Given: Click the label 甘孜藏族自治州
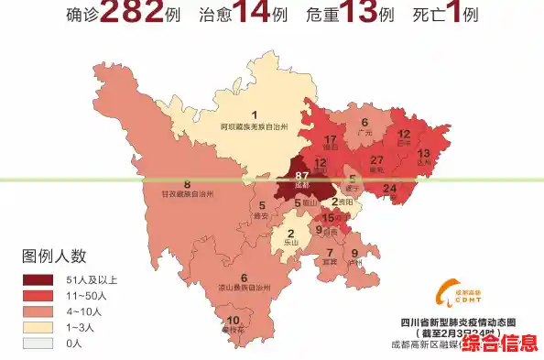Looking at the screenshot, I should click(187, 194).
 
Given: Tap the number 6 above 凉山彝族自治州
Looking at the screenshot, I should click(244, 278).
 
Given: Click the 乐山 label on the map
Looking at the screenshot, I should click(291, 243).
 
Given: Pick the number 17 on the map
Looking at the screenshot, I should click(332, 139).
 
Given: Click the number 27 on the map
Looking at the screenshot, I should click(376, 160).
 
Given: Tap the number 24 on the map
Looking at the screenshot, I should click(389, 190).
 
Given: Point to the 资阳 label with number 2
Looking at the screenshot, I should click(342, 202).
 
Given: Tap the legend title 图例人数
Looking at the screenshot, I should click(54, 256).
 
